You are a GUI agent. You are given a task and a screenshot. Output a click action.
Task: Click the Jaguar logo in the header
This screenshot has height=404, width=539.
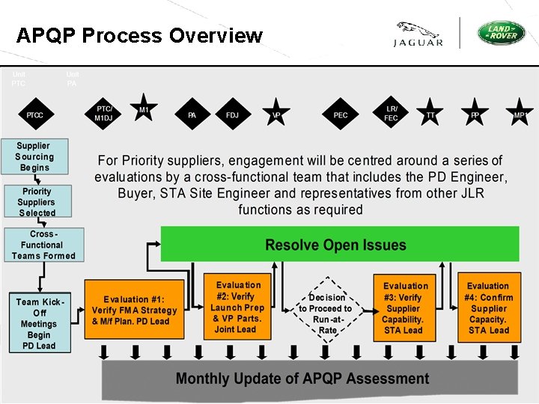pos(418,34)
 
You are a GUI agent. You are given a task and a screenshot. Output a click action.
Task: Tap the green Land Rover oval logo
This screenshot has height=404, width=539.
pos(502,33)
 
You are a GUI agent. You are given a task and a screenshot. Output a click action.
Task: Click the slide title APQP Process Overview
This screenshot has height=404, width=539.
pos(139,35)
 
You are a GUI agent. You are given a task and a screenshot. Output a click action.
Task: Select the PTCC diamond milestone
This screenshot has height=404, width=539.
pos(34,115)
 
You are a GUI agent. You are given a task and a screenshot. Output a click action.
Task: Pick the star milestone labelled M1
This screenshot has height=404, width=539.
pos(143,109)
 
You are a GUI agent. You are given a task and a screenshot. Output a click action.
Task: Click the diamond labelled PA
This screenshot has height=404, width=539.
pos(192,115)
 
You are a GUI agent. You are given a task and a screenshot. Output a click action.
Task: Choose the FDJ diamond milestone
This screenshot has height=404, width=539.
pos(232,115)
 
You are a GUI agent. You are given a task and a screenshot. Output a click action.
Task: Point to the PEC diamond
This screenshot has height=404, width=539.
pos(341,115)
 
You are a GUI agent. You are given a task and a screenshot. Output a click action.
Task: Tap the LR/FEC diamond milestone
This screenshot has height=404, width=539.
pos(391,113)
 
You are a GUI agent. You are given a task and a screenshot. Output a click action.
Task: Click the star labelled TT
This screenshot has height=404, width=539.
pos(430,114)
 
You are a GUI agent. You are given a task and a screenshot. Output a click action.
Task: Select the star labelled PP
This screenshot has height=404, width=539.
pos(475,114)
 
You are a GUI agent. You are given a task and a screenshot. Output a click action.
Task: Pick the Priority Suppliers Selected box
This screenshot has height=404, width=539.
pos(37,202)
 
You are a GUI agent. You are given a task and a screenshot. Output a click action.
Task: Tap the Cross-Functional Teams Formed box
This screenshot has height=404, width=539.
pos(43,245)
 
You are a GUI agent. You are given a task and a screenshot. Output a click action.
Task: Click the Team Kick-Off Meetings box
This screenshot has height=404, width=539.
pos(39,323)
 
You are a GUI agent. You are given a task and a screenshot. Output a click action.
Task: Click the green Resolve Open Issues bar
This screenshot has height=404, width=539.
pos(339,245)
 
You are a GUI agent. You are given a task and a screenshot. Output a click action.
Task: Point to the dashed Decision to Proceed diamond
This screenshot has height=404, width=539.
pos(326,308)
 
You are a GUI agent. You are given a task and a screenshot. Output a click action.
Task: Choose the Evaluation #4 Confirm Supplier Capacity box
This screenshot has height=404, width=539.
pos(488,308)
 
